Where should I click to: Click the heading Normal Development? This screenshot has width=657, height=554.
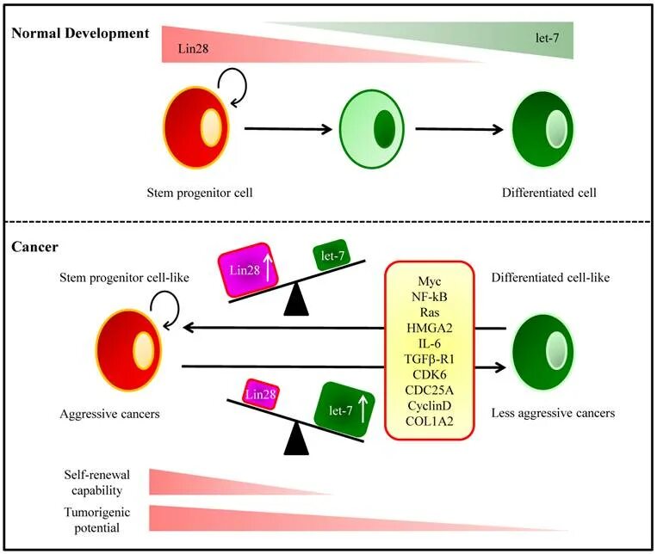pyautogui.click(x=80, y=33)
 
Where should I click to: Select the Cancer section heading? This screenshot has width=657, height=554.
pyautogui.click(x=34, y=247)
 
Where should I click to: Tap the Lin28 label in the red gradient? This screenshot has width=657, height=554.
pyautogui.click(x=193, y=48)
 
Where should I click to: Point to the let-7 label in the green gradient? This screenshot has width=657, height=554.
pyautogui.click(x=547, y=38)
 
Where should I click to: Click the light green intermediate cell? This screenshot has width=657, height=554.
pyautogui.click(x=372, y=129)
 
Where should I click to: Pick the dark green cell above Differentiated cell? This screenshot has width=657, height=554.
pyautogui.click(x=542, y=129)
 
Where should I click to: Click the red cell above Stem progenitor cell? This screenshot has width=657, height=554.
pyautogui.click(x=196, y=127)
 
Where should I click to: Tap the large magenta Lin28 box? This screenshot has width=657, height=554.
pyautogui.click(x=249, y=269)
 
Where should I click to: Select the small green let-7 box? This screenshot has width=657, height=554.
pyautogui.click(x=332, y=255)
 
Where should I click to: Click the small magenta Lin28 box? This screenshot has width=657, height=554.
pyautogui.click(x=261, y=394)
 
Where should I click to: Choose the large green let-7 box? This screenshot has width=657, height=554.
pyautogui.click(x=344, y=409)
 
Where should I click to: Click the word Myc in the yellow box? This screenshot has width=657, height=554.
pyautogui.click(x=430, y=281)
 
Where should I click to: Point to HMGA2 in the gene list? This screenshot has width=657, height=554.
pyautogui.click(x=430, y=328)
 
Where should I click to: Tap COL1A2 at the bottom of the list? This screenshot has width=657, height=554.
pyautogui.click(x=430, y=421)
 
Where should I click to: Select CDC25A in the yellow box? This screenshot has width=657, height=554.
pyautogui.click(x=430, y=390)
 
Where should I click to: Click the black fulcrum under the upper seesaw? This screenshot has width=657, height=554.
pyautogui.click(x=296, y=300)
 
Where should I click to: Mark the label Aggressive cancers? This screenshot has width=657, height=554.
pyautogui.click(x=109, y=414)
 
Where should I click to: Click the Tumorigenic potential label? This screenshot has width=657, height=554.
pyautogui.click(x=96, y=520)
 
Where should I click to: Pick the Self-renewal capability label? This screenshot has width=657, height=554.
pyautogui.click(x=96, y=483)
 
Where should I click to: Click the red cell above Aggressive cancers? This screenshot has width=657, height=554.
pyautogui.click(x=129, y=351)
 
